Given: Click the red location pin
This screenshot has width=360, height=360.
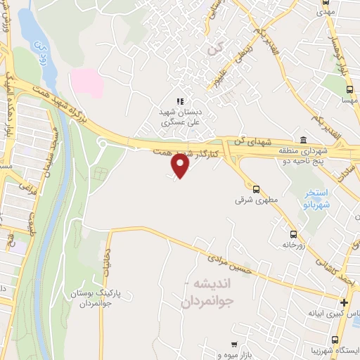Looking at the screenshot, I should click(x=181, y=165).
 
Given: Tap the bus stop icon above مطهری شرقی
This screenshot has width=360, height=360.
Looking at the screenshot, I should click(x=256, y=188).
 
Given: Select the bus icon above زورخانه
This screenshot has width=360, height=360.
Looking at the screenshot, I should click(x=293, y=234).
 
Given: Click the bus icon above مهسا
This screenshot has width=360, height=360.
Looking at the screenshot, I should click(x=349, y=89).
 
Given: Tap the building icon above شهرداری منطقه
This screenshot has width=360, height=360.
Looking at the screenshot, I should click(x=302, y=139).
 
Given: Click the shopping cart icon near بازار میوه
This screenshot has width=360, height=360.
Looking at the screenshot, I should click(x=233, y=345).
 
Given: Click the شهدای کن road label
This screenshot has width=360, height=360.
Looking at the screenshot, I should click(x=255, y=142).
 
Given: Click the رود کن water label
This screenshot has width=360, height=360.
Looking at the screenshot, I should click(x=40, y=50).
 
